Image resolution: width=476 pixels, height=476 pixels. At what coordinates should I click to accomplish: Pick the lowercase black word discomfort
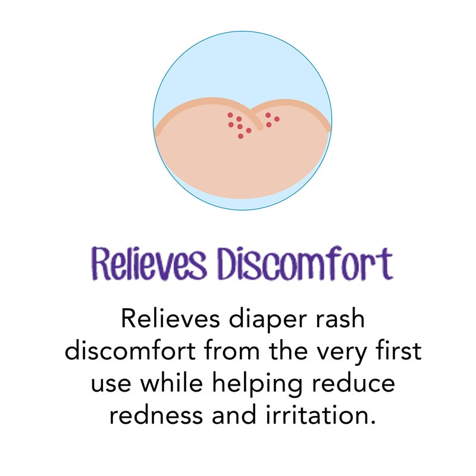(132, 351)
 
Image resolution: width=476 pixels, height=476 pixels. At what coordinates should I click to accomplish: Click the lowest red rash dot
(240, 136)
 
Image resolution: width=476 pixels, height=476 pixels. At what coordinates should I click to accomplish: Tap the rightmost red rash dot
(277, 119)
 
